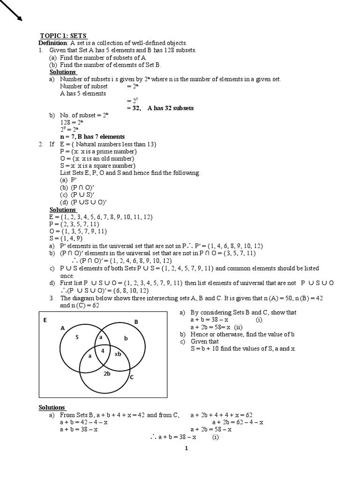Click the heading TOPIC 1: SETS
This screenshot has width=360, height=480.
pyautogui.click(x=63, y=36)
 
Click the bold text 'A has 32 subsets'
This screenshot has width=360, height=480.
pyautogui.click(x=170, y=108)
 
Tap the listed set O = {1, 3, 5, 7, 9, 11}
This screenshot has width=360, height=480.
pyautogui.click(x=78, y=232)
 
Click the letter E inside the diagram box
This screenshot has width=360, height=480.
pyautogui.click(x=45, y=320)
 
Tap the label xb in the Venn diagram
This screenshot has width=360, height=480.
pyautogui.click(x=118, y=354)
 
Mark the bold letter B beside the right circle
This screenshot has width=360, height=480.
pyautogui.click(x=136, y=322)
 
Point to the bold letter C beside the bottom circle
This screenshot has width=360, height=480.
pyautogui.click(x=132, y=376)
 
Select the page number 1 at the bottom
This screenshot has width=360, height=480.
pyautogui.click(x=186, y=448)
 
